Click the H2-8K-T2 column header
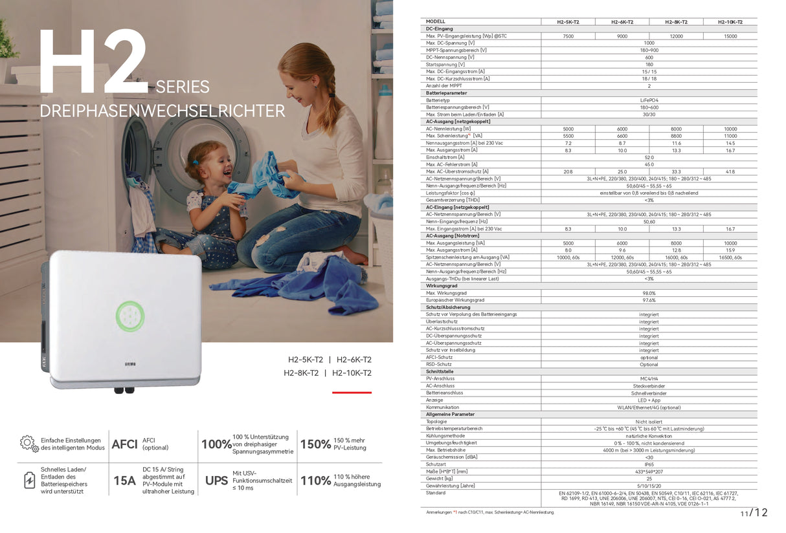(x=676, y=22)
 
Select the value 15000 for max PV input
(x=730, y=36)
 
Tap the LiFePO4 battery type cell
(x=649, y=100)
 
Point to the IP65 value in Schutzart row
(x=649, y=464)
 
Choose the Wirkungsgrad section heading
(x=442, y=285)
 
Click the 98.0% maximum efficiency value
(x=649, y=293)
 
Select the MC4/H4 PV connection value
(x=649, y=378)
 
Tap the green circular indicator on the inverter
(x=129, y=317)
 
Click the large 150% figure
(x=315, y=444)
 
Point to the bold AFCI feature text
(x=124, y=444)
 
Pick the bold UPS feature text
(x=216, y=481)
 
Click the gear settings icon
(x=28, y=443)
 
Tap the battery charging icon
(x=29, y=480)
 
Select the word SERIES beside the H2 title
(x=182, y=87)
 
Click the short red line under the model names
(x=352, y=392)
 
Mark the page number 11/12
(x=754, y=513)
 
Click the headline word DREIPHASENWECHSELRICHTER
(x=163, y=111)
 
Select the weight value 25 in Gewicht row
(x=649, y=478)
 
